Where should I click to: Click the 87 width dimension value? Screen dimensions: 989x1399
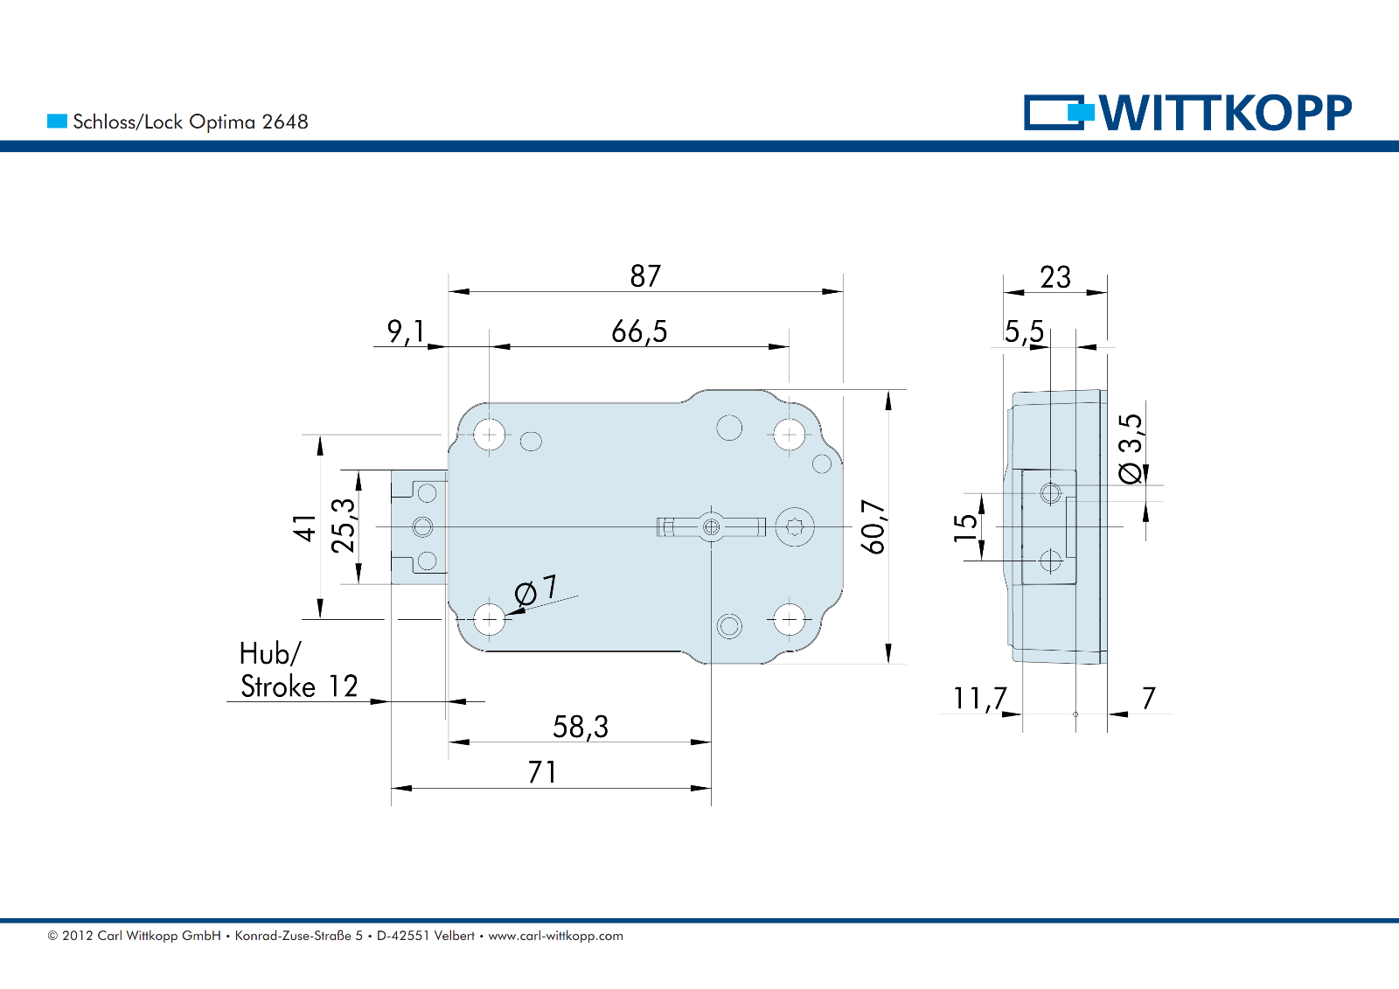(645, 276)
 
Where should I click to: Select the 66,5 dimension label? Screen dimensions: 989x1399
(639, 331)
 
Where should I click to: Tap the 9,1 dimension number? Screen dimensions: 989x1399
(406, 331)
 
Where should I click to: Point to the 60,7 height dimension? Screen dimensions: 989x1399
(874, 526)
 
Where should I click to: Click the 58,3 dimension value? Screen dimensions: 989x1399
(581, 727)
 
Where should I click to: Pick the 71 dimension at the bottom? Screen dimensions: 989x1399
(542, 772)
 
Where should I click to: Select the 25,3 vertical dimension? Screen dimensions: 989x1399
(344, 526)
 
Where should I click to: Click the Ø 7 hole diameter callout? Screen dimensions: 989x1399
(536, 591)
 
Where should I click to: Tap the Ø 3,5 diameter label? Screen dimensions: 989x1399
(1131, 448)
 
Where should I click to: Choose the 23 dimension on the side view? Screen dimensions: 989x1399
(1055, 277)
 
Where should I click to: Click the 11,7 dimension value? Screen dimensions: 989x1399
(979, 699)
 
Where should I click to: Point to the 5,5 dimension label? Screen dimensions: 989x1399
(1024, 331)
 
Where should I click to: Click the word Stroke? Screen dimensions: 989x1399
(278, 686)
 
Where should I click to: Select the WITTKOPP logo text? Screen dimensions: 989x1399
(1225, 113)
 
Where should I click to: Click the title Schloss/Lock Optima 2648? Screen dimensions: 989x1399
(191, 122)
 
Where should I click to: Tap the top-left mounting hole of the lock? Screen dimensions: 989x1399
(490, 434)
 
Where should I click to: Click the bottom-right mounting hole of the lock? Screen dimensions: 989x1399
(790, 620)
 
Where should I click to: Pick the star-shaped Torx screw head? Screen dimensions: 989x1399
(795, 527)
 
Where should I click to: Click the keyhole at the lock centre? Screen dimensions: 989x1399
(711, 527)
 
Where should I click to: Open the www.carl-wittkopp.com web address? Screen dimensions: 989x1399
(555, 936)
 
